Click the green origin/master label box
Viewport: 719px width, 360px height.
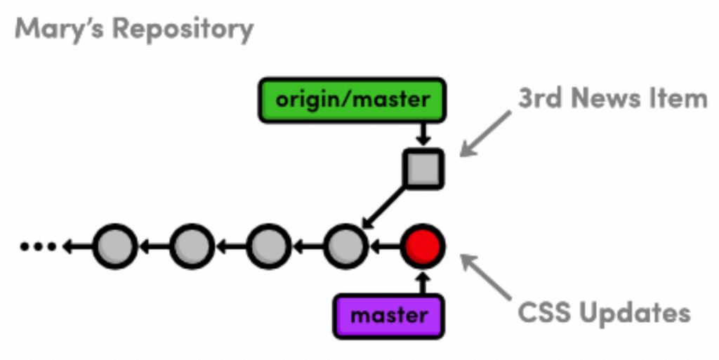click(352, 100)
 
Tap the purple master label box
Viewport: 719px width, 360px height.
click(389, 315)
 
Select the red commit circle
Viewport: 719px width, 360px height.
click(423, 246)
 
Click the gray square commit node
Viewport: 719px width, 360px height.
click(423, 168)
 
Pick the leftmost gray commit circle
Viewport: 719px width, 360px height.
click(114, 246)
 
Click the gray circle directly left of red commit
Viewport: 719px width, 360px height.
click(345, 246)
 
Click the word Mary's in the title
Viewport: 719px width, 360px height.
click(60, 29)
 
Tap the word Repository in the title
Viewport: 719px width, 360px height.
click(183, 29)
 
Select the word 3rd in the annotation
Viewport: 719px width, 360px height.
click(541, 99)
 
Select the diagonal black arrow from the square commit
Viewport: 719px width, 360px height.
click(383, 207)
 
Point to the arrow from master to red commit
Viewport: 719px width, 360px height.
click(423, 283)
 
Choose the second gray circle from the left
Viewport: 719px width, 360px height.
click(191, 246)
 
